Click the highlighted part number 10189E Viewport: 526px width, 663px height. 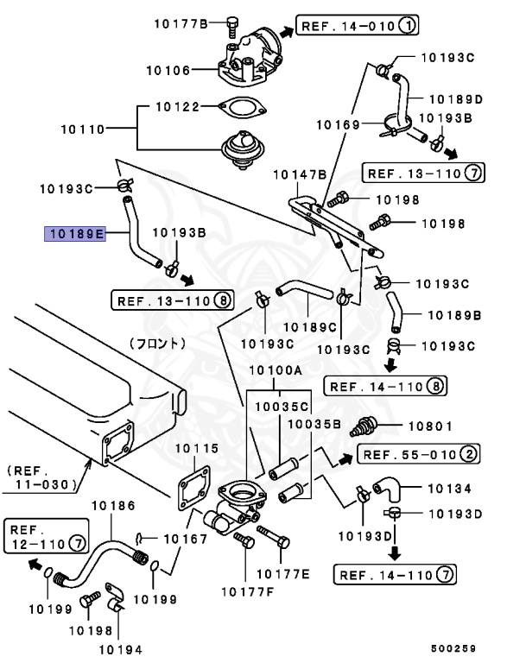tap(76, 232)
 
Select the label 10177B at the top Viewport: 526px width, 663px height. tap(182, 23)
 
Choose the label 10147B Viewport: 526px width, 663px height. tap(299, 174)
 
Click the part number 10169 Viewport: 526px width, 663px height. tap(337, 125)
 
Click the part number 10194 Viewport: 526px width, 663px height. tap(120, 648)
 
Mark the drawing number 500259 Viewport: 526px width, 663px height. tap(454, 647)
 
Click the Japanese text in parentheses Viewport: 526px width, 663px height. tap(158, 343)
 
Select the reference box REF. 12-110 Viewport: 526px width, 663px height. tap(48, 536)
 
